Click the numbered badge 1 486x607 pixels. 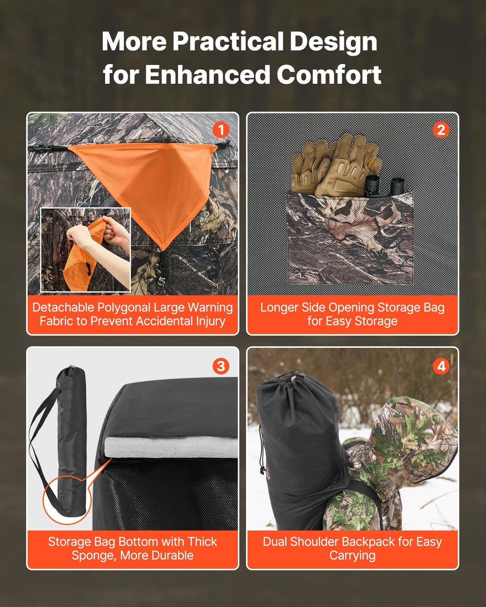click(221, 130)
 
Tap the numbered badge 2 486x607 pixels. click(441, 130)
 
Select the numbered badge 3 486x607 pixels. click(221, 366)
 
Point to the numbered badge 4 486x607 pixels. click(441, 366)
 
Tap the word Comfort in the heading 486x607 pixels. click(329, 74)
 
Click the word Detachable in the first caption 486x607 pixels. click(63, 307)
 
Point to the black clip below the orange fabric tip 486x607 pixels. click(163, 262)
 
